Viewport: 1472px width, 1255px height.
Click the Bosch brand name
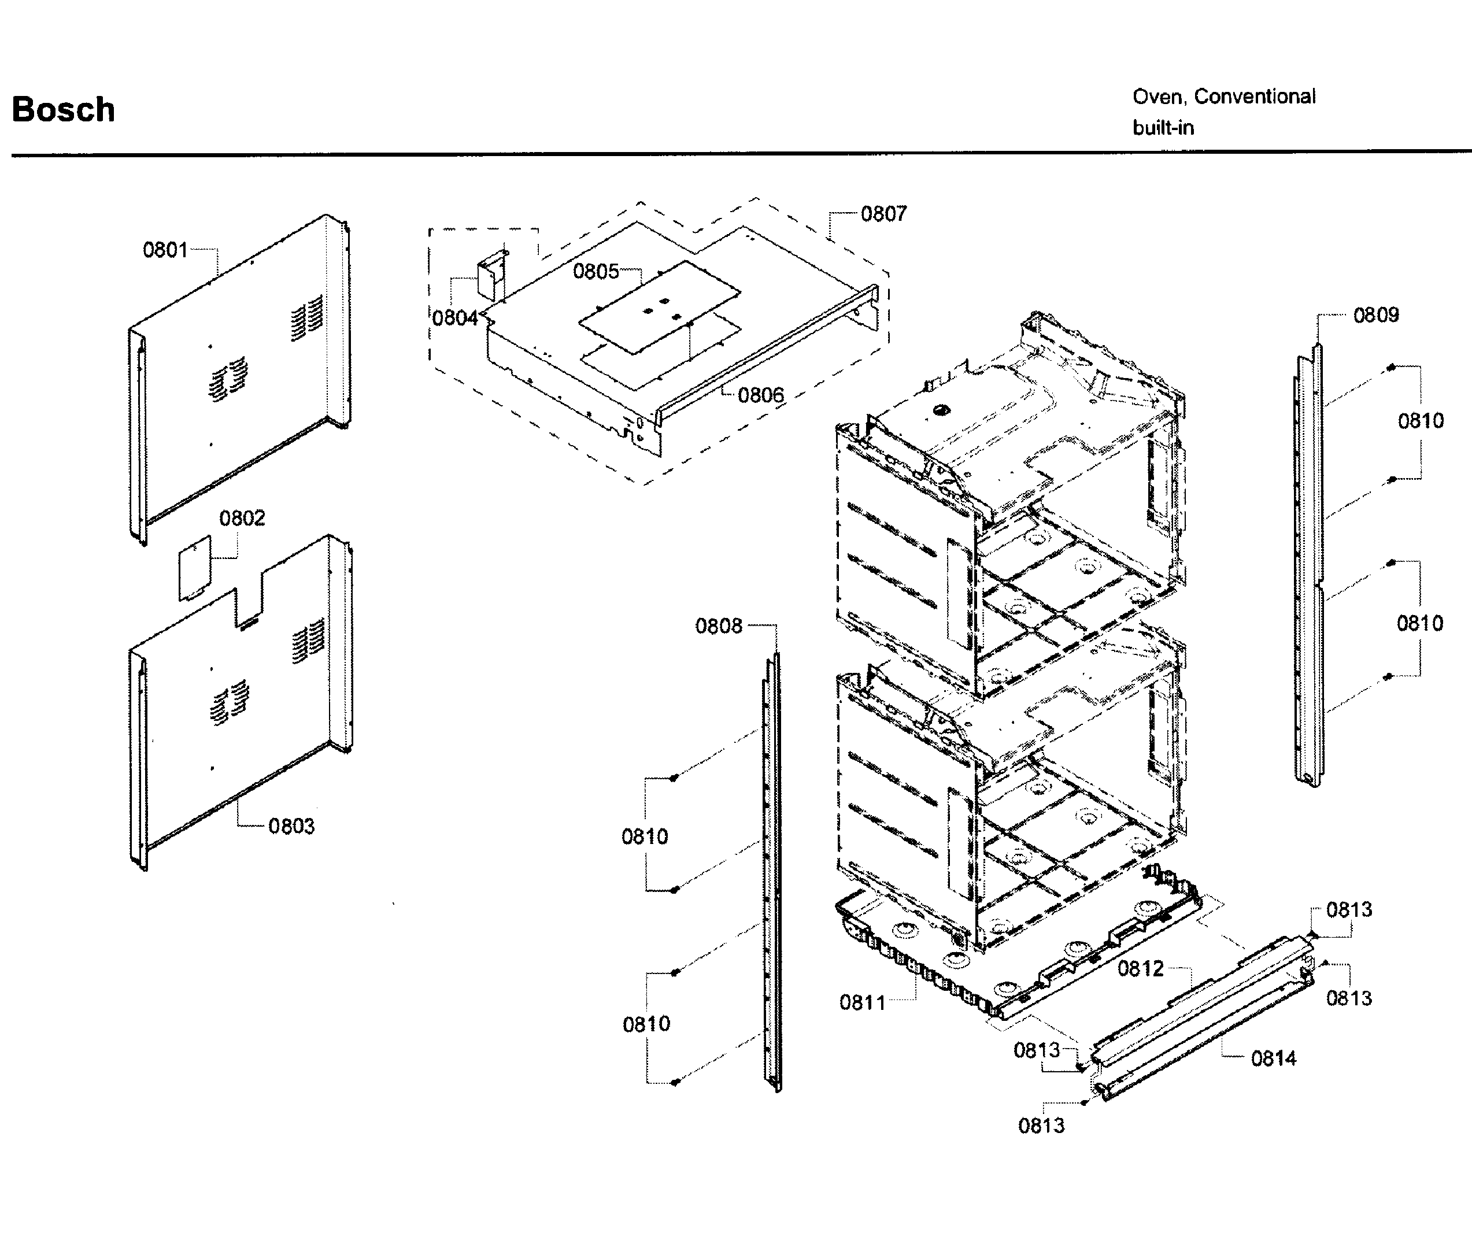coord(63,109)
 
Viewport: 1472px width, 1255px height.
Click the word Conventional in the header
coord(1255,97)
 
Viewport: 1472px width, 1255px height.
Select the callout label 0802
coord(242,519)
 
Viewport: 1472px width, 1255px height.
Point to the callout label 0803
coord(291,826)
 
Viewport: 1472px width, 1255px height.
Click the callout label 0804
coord(454,317)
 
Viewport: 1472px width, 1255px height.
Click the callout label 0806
coord(760,395)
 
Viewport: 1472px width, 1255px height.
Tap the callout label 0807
coord(883,214)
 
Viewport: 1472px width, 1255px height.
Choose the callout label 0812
coord(1140,969)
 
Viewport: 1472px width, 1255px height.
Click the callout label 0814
coord(1273,1058)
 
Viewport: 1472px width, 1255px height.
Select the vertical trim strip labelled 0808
coord(772,873)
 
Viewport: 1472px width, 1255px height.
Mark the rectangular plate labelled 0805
coord(659,305)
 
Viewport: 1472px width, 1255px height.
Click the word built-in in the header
coord(1163,128)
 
